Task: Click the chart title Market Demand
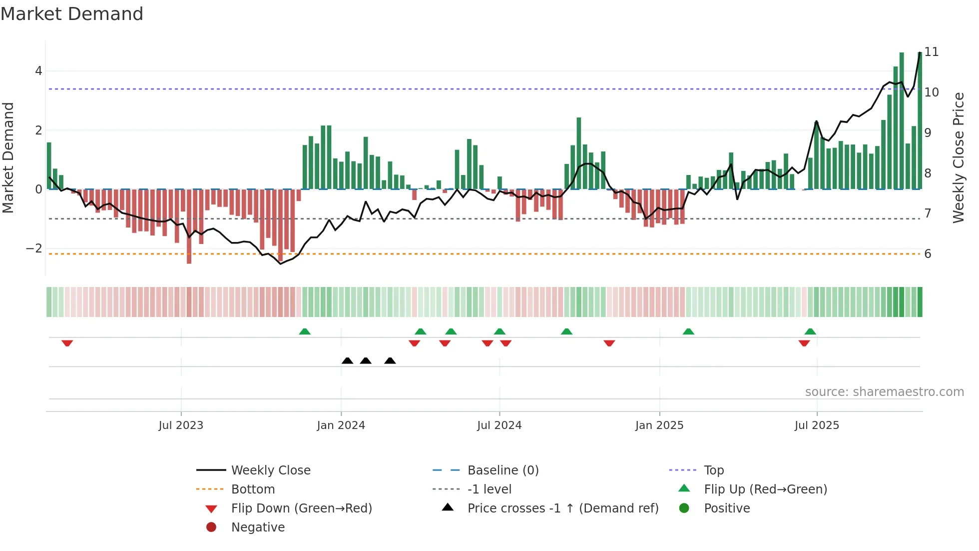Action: click(x=72, y=14)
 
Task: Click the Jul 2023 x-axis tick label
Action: click(x=181, y=425)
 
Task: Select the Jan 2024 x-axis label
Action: click(x=341, y=425)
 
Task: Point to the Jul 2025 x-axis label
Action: click(x=817, y=425)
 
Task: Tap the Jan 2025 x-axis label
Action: click(x=659, y=425)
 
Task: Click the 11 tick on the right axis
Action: click(x=931, y=52)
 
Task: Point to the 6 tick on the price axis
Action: click(x=928, y=254)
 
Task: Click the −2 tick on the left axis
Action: click(x=34, y=248)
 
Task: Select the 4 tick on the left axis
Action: click(x=38, y=71)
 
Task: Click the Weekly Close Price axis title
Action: click(x=958, y=157)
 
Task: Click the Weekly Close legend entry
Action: click(x=270, y=470)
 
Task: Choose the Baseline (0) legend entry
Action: click(x=502, y=470)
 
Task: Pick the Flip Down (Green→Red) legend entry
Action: click(x=301, y=508)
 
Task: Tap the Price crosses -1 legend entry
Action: click(x=562, y=508)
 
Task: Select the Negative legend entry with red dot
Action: click(x=258, y=527)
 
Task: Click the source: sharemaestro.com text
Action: click(x=884, y=392)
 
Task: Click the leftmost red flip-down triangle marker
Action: click(x=67, y=343)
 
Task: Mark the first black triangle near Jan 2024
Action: click(x=348, y=360)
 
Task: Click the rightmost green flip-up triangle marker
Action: click(x=810, y=331)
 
